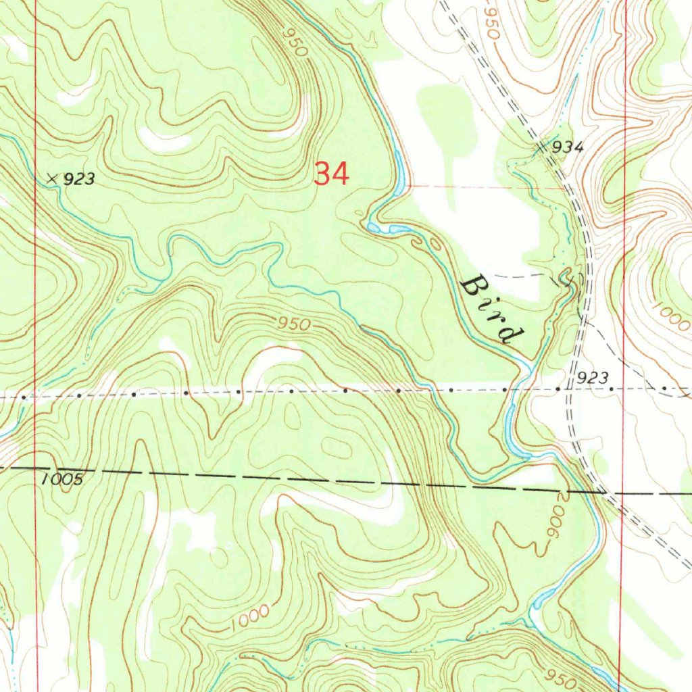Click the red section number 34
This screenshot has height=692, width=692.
331,174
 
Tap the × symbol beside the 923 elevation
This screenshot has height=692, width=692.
52,178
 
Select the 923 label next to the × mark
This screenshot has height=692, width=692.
80,179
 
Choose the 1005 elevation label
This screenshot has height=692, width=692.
61,479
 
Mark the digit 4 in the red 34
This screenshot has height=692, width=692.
340,174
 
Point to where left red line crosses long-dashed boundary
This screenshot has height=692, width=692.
36,468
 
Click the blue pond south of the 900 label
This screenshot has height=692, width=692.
543,598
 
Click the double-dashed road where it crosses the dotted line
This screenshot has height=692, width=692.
571,389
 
